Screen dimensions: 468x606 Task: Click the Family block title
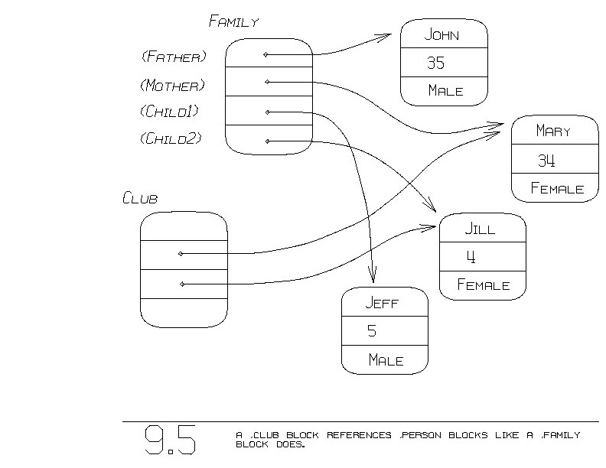233,21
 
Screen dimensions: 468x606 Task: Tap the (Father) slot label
174,57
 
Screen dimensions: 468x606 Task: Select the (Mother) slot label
172,85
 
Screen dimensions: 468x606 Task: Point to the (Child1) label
170,112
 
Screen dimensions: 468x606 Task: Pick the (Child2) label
170,138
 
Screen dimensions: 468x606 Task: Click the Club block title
140,199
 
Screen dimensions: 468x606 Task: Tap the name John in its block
444,35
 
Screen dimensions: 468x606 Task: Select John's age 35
435,63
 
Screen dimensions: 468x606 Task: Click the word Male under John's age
445,91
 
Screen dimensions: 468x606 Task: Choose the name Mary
553,131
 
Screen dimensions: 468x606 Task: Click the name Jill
480,229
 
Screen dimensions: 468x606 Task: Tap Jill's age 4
471,258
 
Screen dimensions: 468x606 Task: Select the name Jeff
382,303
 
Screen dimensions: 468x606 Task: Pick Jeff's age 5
372,331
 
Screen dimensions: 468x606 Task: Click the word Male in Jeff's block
385,360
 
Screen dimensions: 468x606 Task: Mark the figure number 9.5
170,440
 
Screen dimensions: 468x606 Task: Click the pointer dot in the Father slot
266,54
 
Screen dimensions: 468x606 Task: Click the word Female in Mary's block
557,189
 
